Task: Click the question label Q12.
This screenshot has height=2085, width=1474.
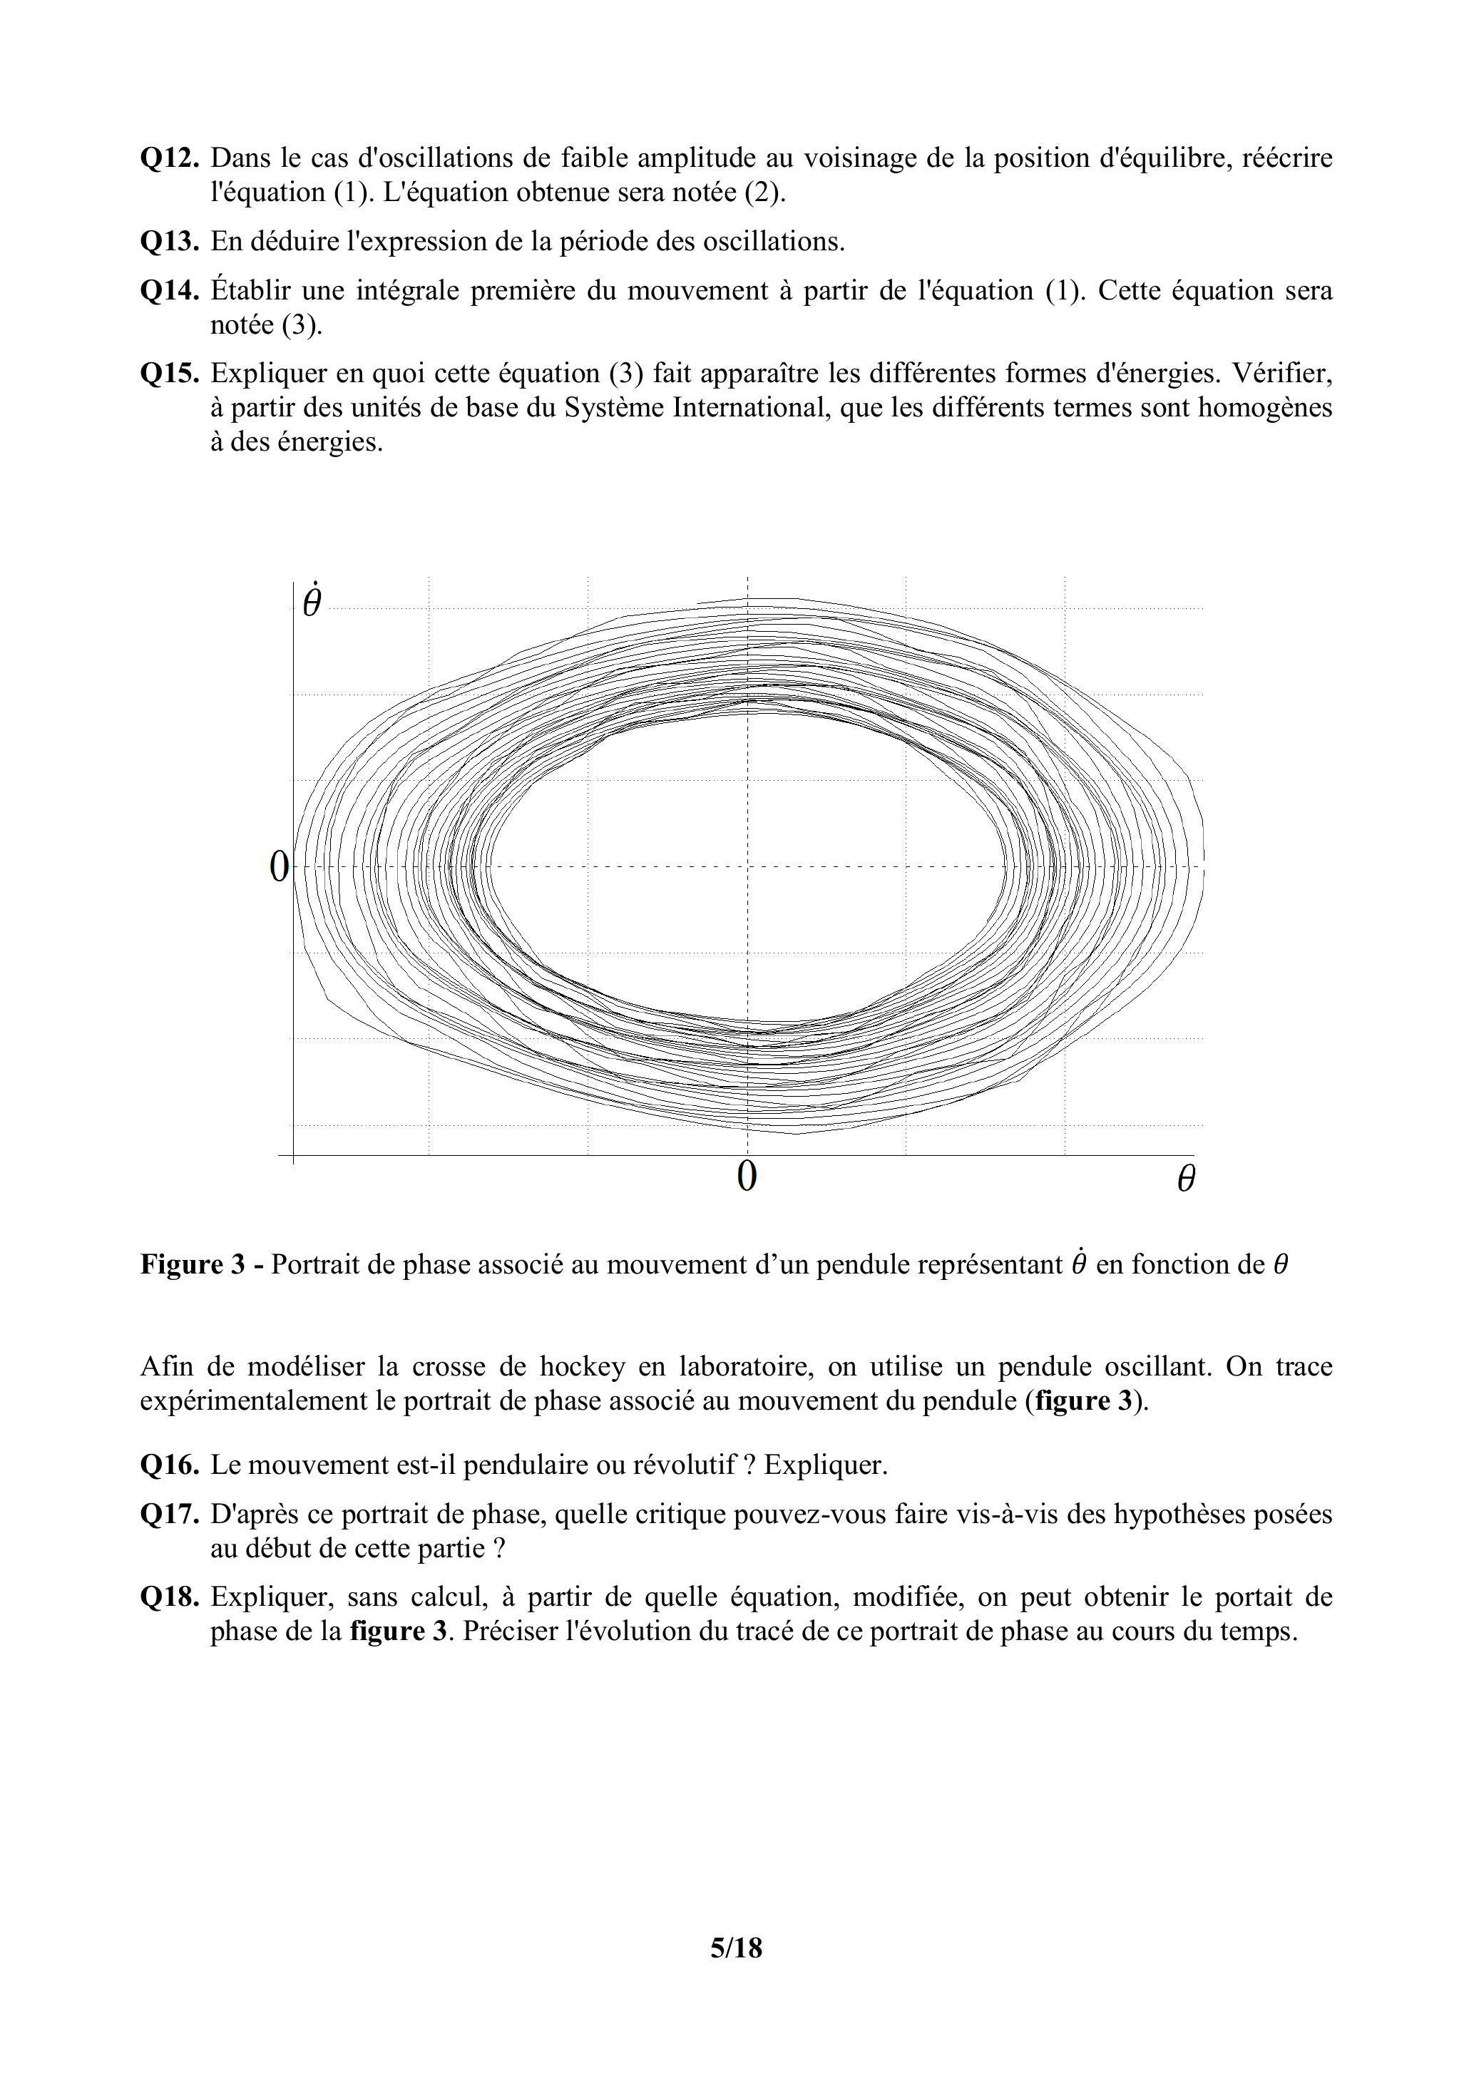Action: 169,159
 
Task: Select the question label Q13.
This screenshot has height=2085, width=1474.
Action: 169,242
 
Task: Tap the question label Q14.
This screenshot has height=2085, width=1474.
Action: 169,292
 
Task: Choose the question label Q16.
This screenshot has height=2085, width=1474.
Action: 169,1465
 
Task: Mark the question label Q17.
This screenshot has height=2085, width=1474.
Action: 169,1514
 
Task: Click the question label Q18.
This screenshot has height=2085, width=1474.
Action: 169,1597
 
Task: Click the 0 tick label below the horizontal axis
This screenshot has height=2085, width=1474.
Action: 747,1177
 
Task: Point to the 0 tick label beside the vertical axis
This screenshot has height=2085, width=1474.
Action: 279,867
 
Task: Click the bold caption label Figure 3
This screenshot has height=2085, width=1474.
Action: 193,1264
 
